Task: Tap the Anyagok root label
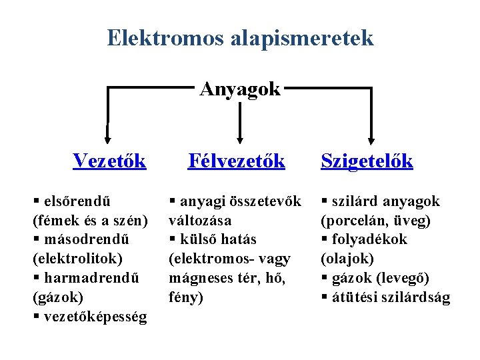tap(240, 89)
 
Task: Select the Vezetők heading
tap(110, 161)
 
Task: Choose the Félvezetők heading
tap(237, 161)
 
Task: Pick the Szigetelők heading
tap(367, 161)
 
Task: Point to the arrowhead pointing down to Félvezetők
tap(240, 134)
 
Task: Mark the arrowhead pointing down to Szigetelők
tap(371, 134)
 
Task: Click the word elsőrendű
tap(77, 201)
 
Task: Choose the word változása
tap(200, 220)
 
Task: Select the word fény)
tap(186, 297)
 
